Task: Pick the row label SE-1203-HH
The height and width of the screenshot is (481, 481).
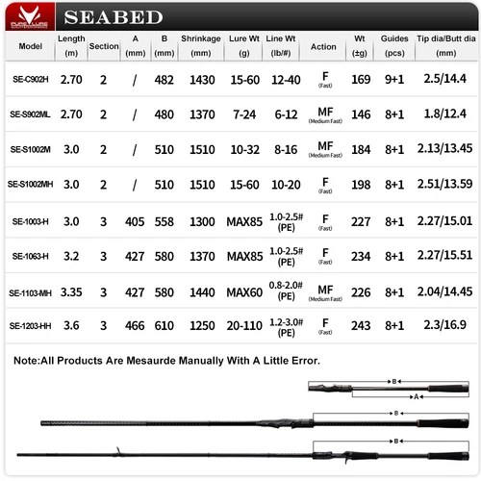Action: tap(31, 326)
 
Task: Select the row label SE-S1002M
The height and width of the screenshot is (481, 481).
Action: tap(31, 148)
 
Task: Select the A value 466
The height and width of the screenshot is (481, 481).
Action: tap(134, 326)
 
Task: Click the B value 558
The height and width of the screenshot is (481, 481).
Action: tap(165, 220)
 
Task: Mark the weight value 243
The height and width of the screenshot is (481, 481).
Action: tap(361, 326)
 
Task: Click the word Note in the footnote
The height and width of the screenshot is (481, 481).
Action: tap(30, 361)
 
